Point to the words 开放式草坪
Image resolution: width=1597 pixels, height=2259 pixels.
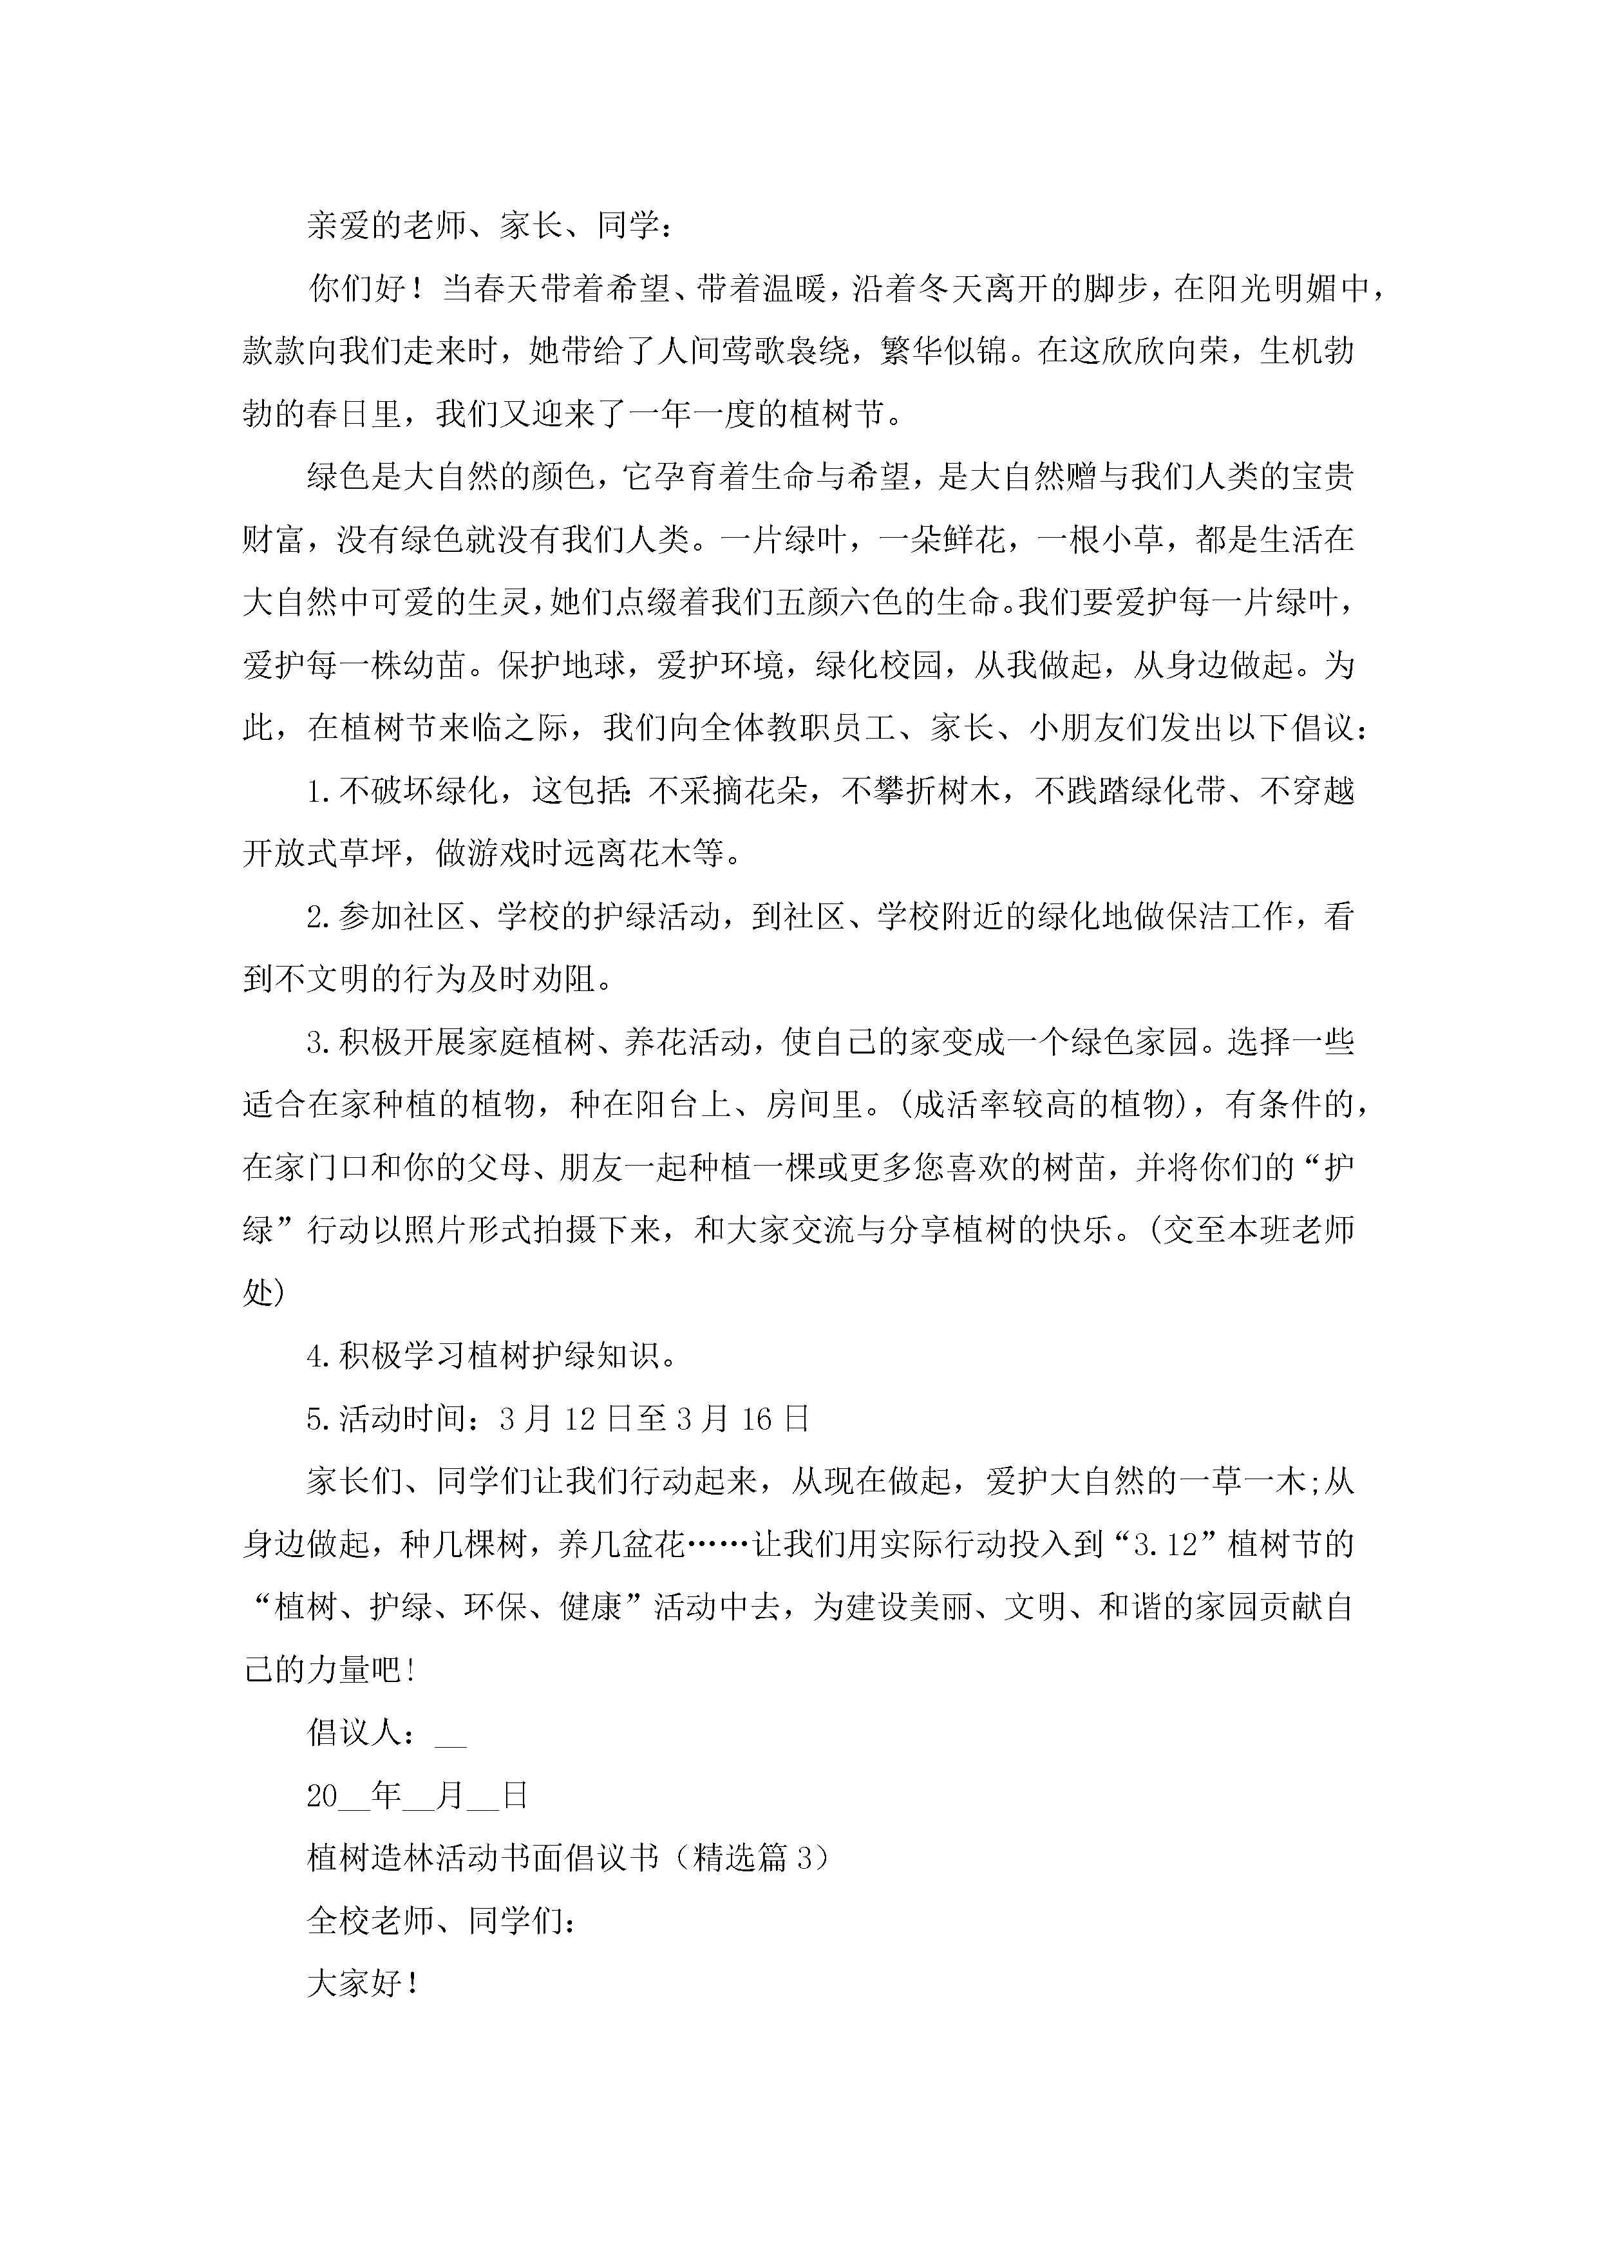click(323, 854)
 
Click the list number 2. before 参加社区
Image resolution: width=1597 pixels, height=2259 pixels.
click(321, 917)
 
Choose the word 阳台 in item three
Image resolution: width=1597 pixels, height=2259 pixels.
click(666, 1105)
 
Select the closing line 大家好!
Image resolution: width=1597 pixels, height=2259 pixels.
click(364, 1985)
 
